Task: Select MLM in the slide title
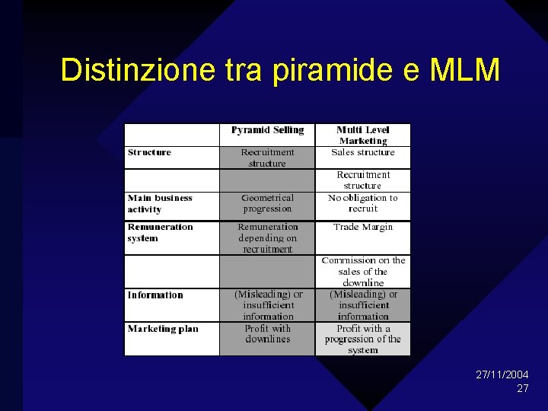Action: pos(464,70)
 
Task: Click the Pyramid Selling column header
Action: pos(267,130)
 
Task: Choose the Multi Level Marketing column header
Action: pos(363,135)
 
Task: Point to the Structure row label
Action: pos(150,152)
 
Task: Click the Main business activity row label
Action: pos(160,203)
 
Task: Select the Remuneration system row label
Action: pos(160,232)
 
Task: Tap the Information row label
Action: pos(155,295)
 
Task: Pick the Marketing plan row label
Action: pos(163,329)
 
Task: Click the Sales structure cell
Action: pos(363,152)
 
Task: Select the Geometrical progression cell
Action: pos(267,203)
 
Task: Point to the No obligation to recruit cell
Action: pos(363,203)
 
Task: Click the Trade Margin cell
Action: pos(363,227)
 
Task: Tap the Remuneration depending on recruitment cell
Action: pos(267,237)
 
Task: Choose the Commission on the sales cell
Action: pos(363,271)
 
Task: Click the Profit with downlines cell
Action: pos(267,333)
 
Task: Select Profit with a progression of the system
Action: pos(363,339)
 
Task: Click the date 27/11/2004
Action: pos(502,375)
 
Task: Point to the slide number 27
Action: pos(523,388)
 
